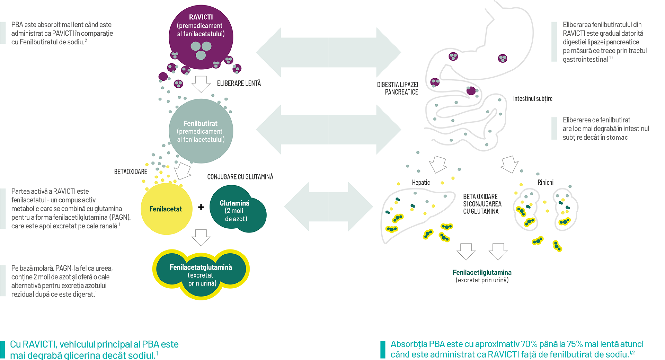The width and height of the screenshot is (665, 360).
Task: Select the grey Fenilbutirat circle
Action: coord(201,131)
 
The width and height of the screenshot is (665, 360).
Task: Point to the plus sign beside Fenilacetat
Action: coord(201,207)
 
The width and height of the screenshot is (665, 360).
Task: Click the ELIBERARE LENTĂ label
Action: coord(239,83)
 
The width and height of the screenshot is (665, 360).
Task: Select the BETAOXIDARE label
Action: coord(131,172)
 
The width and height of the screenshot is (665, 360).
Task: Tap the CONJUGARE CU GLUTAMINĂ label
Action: coord(240,177)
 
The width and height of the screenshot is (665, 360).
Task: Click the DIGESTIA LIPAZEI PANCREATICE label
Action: coord(398,88)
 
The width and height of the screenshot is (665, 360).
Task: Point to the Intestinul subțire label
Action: coord(533,99)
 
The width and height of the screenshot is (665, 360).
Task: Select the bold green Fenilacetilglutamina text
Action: coord(482,273)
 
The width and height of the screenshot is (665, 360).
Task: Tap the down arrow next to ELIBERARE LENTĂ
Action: coord(201,84)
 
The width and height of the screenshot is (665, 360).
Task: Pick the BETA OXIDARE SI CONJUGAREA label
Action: coord(482,204)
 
